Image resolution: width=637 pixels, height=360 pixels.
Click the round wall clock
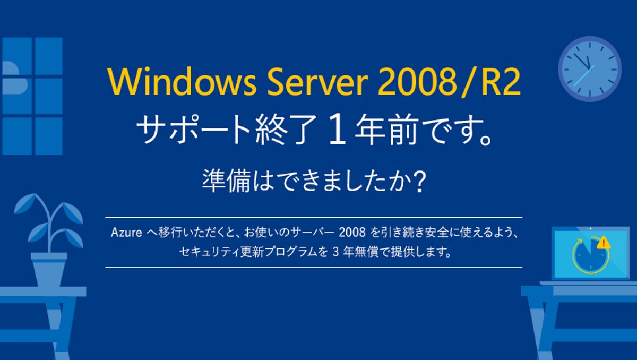(589, 68)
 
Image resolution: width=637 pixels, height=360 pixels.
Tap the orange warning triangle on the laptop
(603, 243)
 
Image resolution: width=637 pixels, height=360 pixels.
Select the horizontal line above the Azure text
(314, 218)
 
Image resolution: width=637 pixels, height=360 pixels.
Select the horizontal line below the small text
(314, 267)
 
